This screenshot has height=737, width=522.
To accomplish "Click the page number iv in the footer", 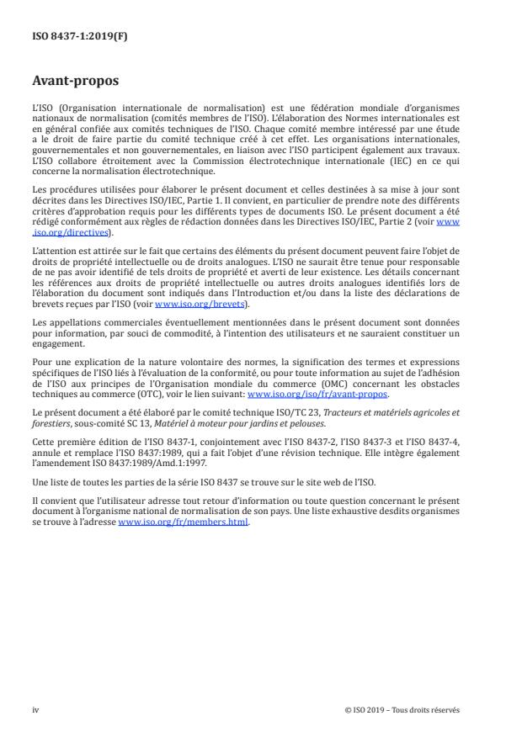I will click(x=35, y=709).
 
